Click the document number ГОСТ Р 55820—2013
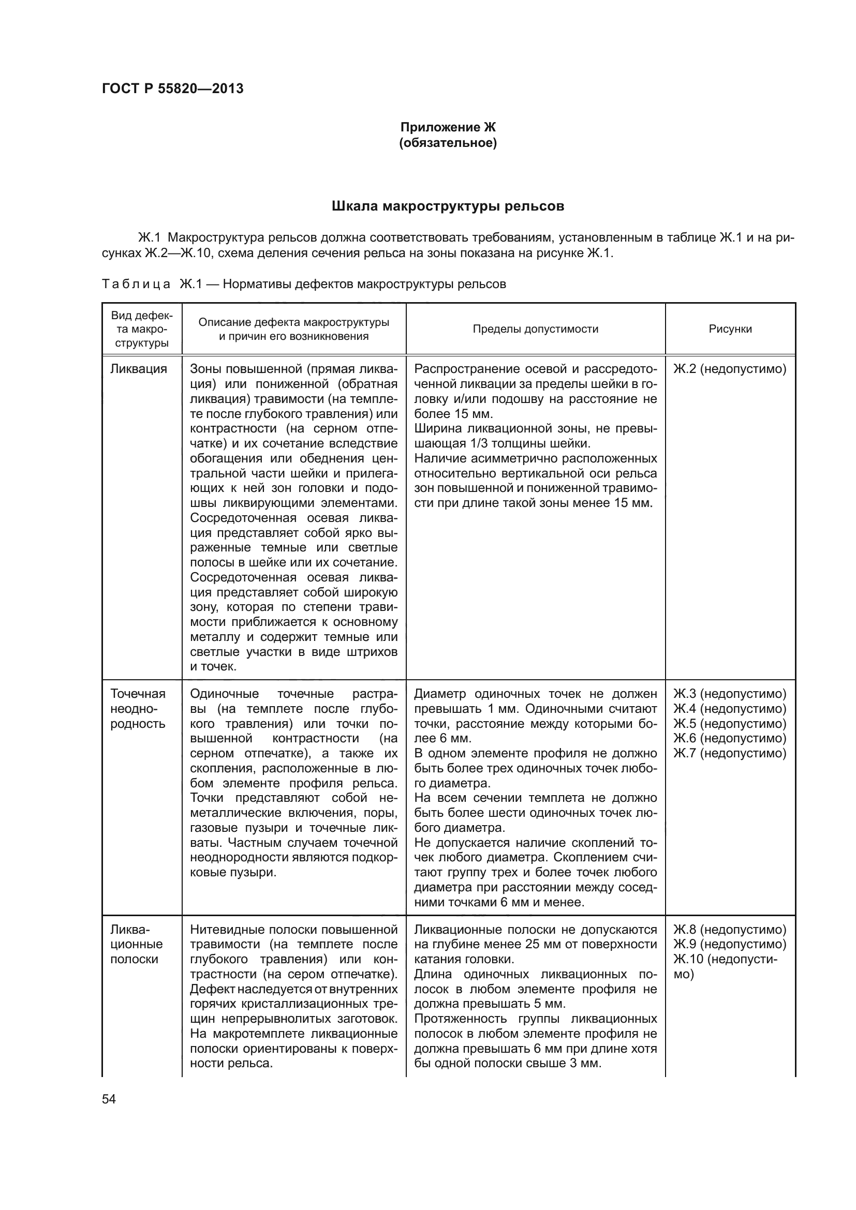coord(172,88)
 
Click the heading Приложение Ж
coord(448,127)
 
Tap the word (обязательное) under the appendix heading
coord(448,143)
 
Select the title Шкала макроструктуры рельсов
coord(448,206)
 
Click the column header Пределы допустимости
coord(535,329)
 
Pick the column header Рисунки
coord(730,329)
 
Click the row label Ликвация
coord(138,368)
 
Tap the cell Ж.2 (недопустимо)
coord(730,368)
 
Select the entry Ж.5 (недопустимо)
coord(730,723)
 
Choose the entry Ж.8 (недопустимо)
coord(730,929)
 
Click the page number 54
coord(109,1099)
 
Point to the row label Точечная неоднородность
coord(138,708)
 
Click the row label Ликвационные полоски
coord(137,944)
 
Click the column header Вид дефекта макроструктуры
coord(141,329)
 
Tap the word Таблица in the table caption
coord(136,284)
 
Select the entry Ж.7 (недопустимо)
coord(730,753)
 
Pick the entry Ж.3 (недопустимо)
coord(730,694)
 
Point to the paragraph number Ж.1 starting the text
coord(149,237)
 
